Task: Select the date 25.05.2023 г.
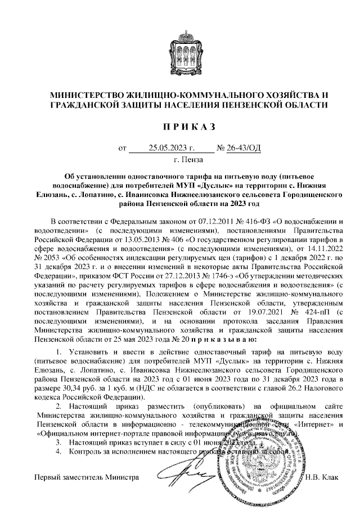point(172,149)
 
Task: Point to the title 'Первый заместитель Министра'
point(87,478)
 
